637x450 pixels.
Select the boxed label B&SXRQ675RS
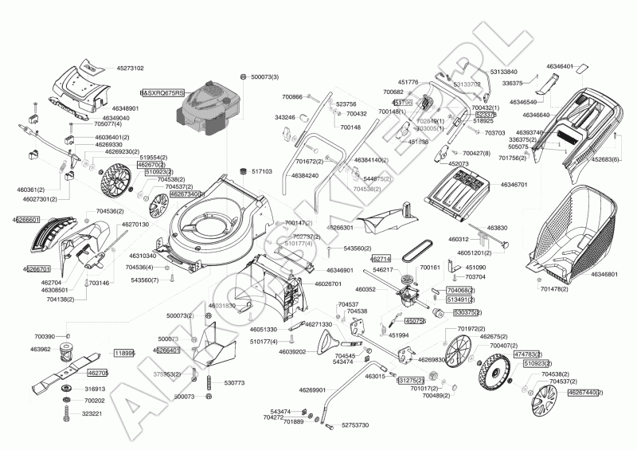(162, 93)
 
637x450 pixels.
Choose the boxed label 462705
(97, 373)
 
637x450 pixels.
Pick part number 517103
(261, 171)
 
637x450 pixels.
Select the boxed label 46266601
(26, 218)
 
